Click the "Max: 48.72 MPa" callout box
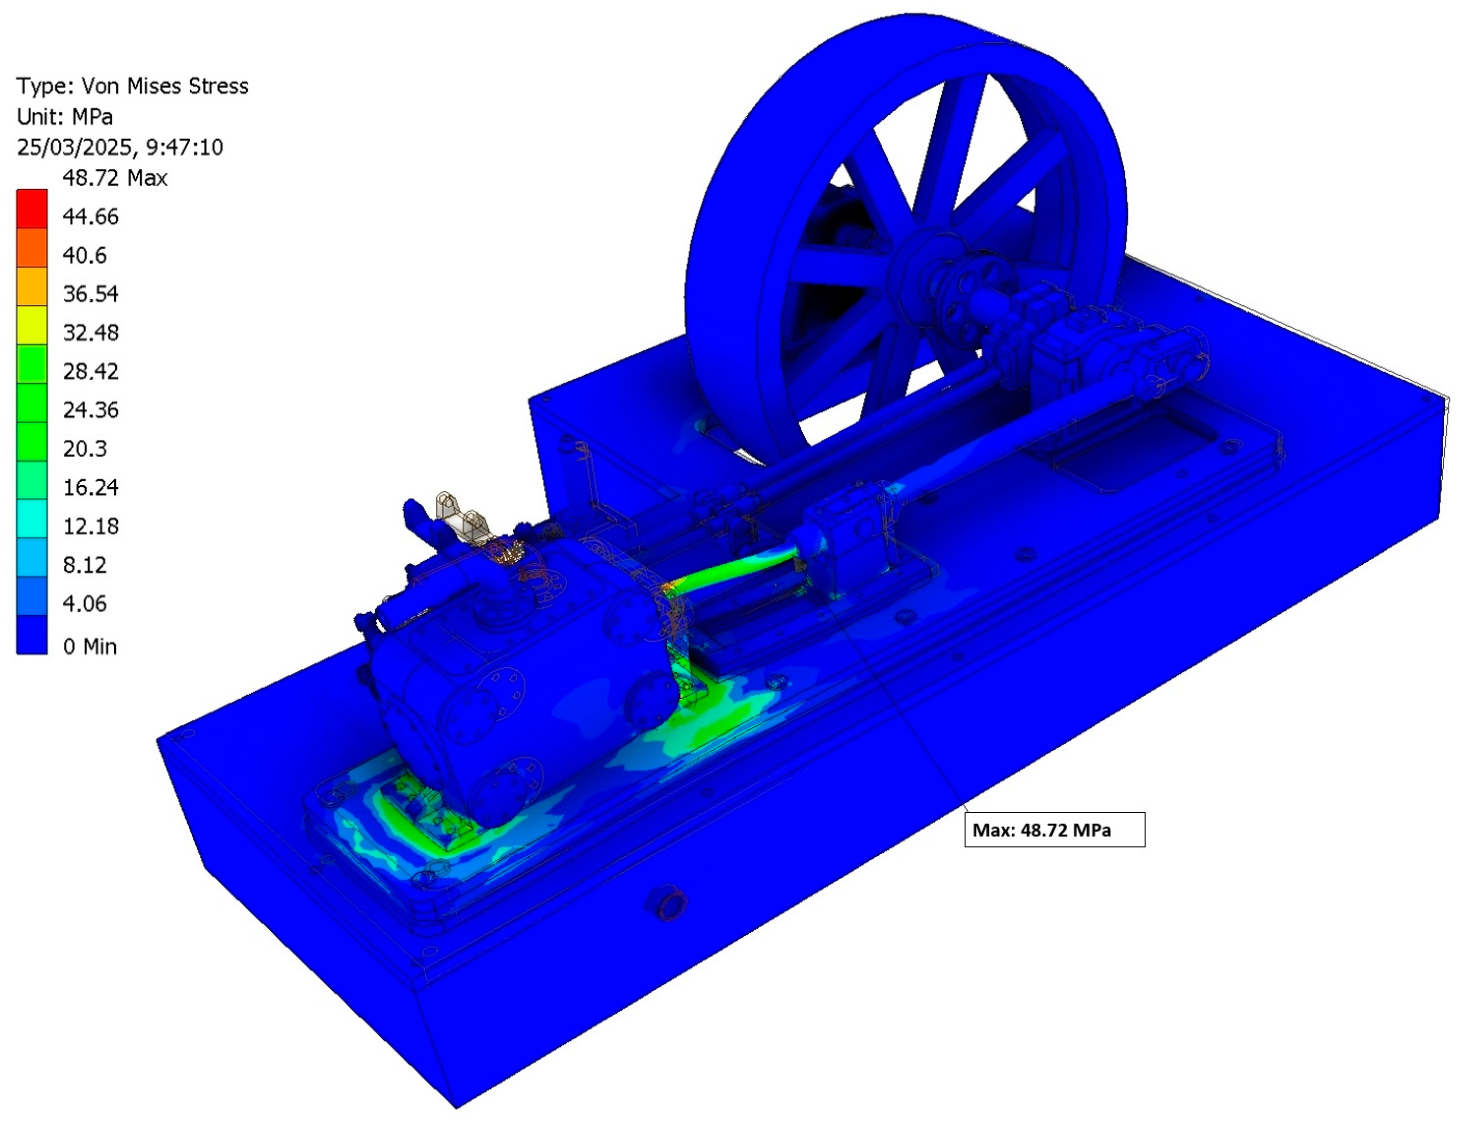tap(1054, 830)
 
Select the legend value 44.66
tap(91, 216)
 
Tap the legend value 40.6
tap(85, 255)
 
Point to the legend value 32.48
tap(91, 333)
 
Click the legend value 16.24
tap(91, 487)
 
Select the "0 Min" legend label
tap(90, 646)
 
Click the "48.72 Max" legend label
tap(115, 178)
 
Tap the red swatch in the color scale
tap(32, 209)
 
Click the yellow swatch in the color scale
tap(32, 325)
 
